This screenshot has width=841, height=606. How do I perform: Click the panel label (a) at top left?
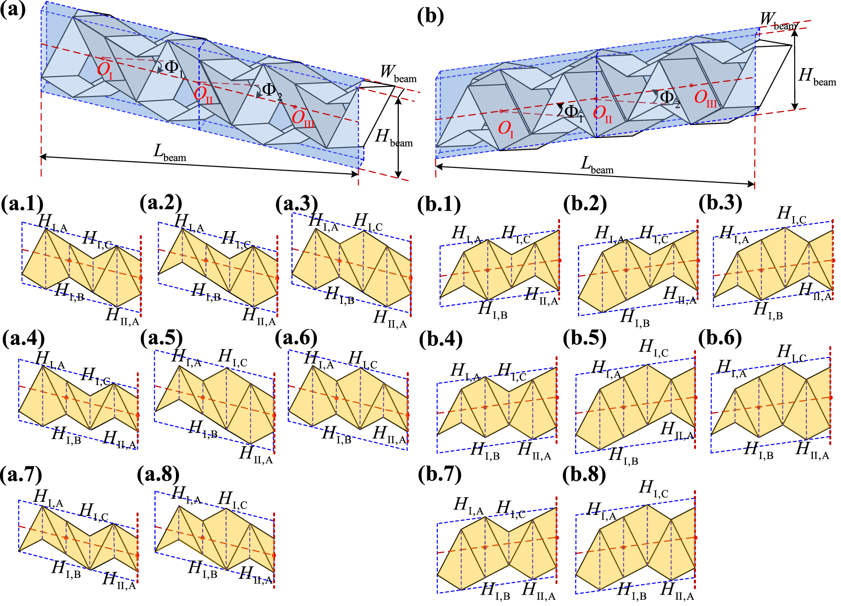click(13, 9)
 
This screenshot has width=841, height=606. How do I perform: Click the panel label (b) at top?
click(430, 16)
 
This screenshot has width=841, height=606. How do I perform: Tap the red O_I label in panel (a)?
click(105, 70)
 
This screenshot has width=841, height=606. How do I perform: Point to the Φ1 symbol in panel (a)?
click(174, 68)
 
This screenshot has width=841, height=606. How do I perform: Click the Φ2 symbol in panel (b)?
click(669, 98)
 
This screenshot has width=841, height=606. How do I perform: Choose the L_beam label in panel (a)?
click(170, 153)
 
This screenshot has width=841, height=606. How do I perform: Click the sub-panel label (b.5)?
click(585, 338)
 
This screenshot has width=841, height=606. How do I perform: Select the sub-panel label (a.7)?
click(21, 474)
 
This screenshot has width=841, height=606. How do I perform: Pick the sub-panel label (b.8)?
click(584, 475)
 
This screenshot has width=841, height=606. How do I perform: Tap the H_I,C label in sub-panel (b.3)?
click(791, 215)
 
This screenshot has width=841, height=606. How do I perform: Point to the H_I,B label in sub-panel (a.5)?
click(203, 429)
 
